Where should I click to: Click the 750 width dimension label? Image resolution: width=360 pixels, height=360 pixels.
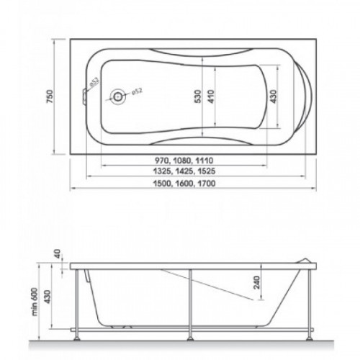[x=49, y=96]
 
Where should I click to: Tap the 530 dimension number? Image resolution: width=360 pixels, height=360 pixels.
[x=197, y=96]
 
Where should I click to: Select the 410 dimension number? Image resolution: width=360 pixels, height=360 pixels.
[x=211, y=96]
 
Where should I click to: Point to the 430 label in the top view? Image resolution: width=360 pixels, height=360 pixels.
[x=273, y=96]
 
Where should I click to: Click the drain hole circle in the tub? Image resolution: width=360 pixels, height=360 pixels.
[x=117, y=96]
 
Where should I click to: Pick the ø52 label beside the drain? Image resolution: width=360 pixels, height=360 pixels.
[x=137, y=91]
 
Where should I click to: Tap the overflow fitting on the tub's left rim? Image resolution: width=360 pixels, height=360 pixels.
[x=84, y=96]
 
